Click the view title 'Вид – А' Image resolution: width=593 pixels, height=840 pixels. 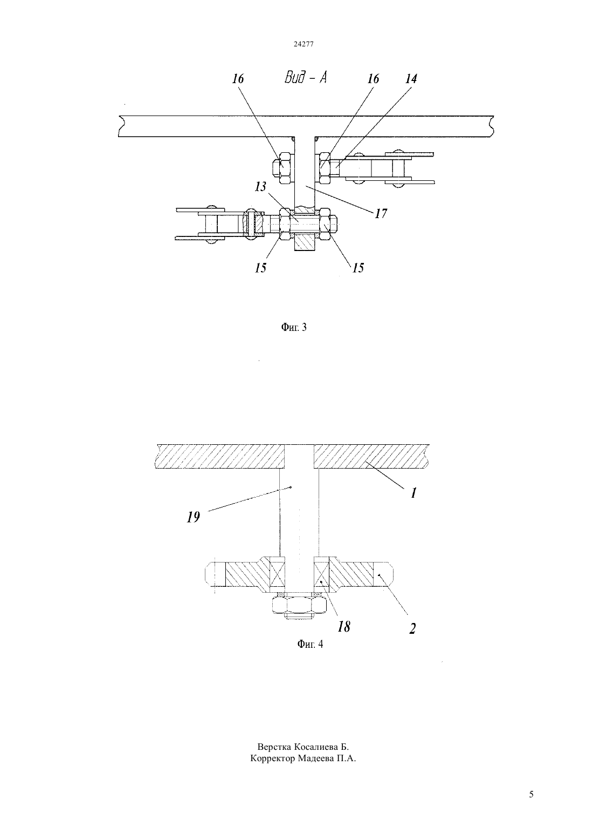point(306,78)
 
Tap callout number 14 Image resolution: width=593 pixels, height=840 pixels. point(411,79)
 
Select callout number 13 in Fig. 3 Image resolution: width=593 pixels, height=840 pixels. point(260,187)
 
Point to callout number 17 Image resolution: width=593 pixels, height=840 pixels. point(381,213)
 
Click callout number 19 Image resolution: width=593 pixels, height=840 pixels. point(194,517)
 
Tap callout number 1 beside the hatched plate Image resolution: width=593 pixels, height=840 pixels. point(413,493)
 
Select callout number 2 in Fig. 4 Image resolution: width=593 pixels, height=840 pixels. point(412,628)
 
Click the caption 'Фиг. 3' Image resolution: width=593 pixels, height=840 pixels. point(294,327)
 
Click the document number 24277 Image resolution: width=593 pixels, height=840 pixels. point(304,44)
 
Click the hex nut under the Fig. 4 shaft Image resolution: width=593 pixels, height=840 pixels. point(298,604)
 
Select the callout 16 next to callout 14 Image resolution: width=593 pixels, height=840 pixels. point(373,79)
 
